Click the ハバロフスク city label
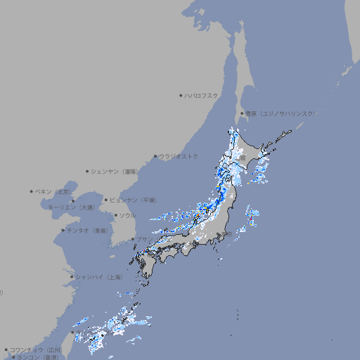pos(202,95)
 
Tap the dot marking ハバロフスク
pos(181,95)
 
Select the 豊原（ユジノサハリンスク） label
pos(281,113)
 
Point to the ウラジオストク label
pos(180,156)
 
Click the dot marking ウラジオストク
pos(155,157)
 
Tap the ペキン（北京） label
pos(54,191)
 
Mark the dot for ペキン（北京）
pos(32,191)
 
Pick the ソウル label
pos(127,215)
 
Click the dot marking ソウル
pos(115,215)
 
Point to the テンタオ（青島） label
pos(88,230)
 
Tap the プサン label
pos(143,239)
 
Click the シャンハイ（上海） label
pos(99,277)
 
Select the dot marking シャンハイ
pos(72,277)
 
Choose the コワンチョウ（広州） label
pos(36,349)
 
